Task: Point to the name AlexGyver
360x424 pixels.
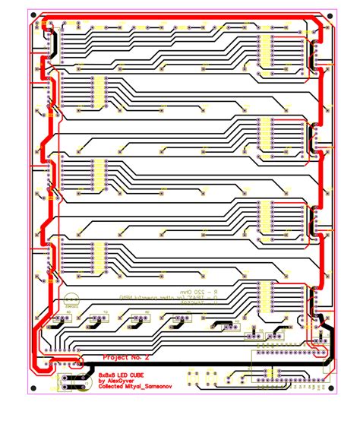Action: coord(126,381)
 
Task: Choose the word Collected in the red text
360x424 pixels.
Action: coord(113,387)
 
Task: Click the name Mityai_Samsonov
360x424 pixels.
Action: coord(155,387)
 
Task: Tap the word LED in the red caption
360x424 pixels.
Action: coord(128,375)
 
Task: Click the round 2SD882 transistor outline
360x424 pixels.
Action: coord(73,300)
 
